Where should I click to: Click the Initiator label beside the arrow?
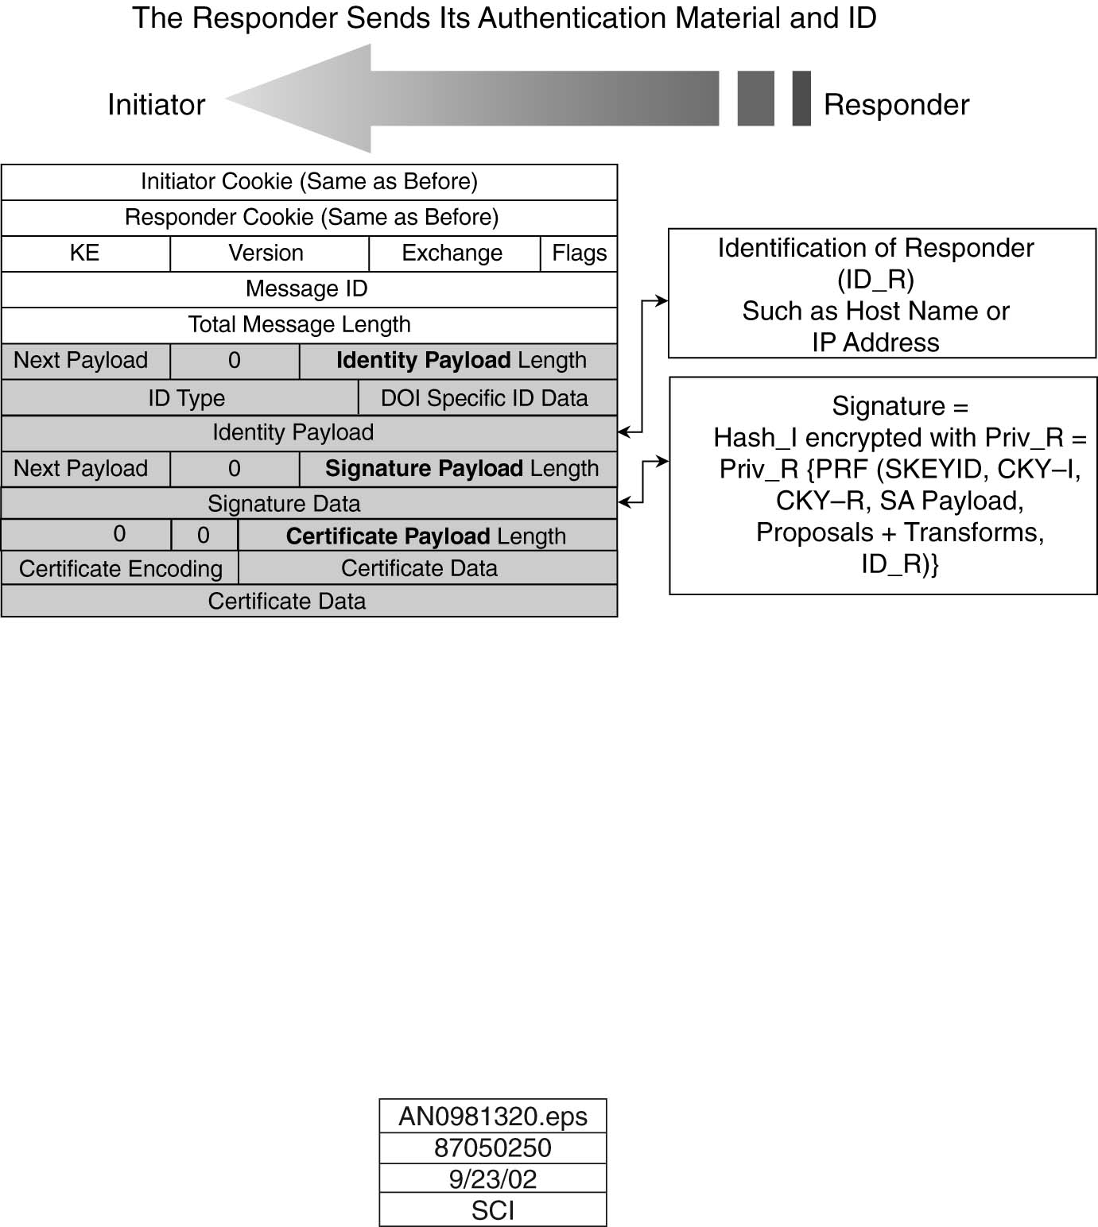coord(156,105)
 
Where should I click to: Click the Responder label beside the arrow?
coord(896,105)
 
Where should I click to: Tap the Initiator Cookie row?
coord(309,182)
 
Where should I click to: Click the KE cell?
coord(85,254)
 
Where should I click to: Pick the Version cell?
coord(266,254)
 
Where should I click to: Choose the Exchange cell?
coord(452,254)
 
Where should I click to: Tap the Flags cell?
coord(579,254)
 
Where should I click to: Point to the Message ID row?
coord(307,289)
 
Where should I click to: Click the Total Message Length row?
coord(300,325)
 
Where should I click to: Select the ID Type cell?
coord(186,398)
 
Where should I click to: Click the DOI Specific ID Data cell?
coord(484,398)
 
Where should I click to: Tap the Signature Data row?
coord(284,504)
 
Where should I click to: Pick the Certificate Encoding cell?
coord(121,569)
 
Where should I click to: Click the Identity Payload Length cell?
coord(461,361)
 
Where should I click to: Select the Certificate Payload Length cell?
coord(426,536)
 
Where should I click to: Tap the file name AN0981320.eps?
coord(493,1117)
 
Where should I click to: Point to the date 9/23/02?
coord(493,1179)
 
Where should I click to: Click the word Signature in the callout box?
coord(888,406)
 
